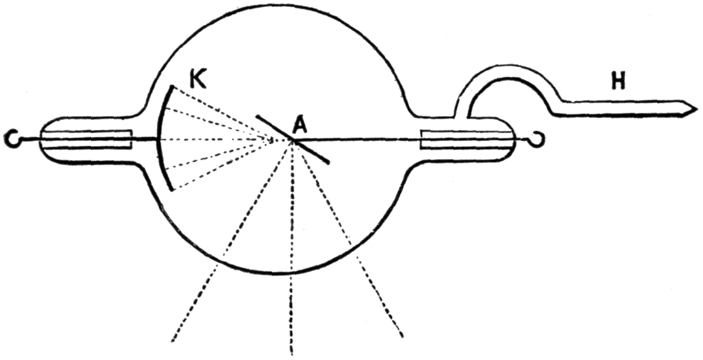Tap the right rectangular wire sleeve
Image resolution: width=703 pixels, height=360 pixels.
click(461, 139)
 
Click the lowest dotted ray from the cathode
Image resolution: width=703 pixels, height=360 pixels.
click(217, 168)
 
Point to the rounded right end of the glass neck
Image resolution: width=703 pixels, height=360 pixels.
click(513, 139)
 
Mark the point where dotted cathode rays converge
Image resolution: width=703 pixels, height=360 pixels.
click(273, 140)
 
